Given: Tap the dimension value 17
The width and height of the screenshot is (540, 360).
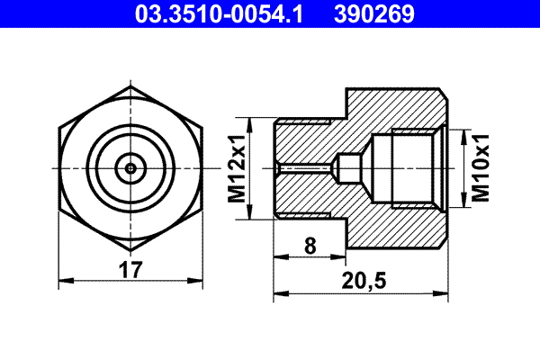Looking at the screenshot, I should [130, 268].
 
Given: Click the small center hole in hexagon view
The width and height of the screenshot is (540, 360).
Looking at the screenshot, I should [131, 167].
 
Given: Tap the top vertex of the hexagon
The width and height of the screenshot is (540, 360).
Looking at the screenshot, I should [131, 87].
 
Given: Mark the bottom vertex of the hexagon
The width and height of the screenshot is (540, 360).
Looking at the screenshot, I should [131, 247].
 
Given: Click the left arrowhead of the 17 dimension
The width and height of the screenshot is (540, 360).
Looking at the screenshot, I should [63, 281].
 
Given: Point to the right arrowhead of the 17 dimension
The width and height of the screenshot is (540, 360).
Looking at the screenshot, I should [199, 281].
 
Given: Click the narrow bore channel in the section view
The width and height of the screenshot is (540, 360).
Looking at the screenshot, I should [306, 167].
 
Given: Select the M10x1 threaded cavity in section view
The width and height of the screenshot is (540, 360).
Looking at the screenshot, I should [409, 167].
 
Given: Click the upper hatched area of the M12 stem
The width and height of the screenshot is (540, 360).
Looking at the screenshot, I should [306, 139].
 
